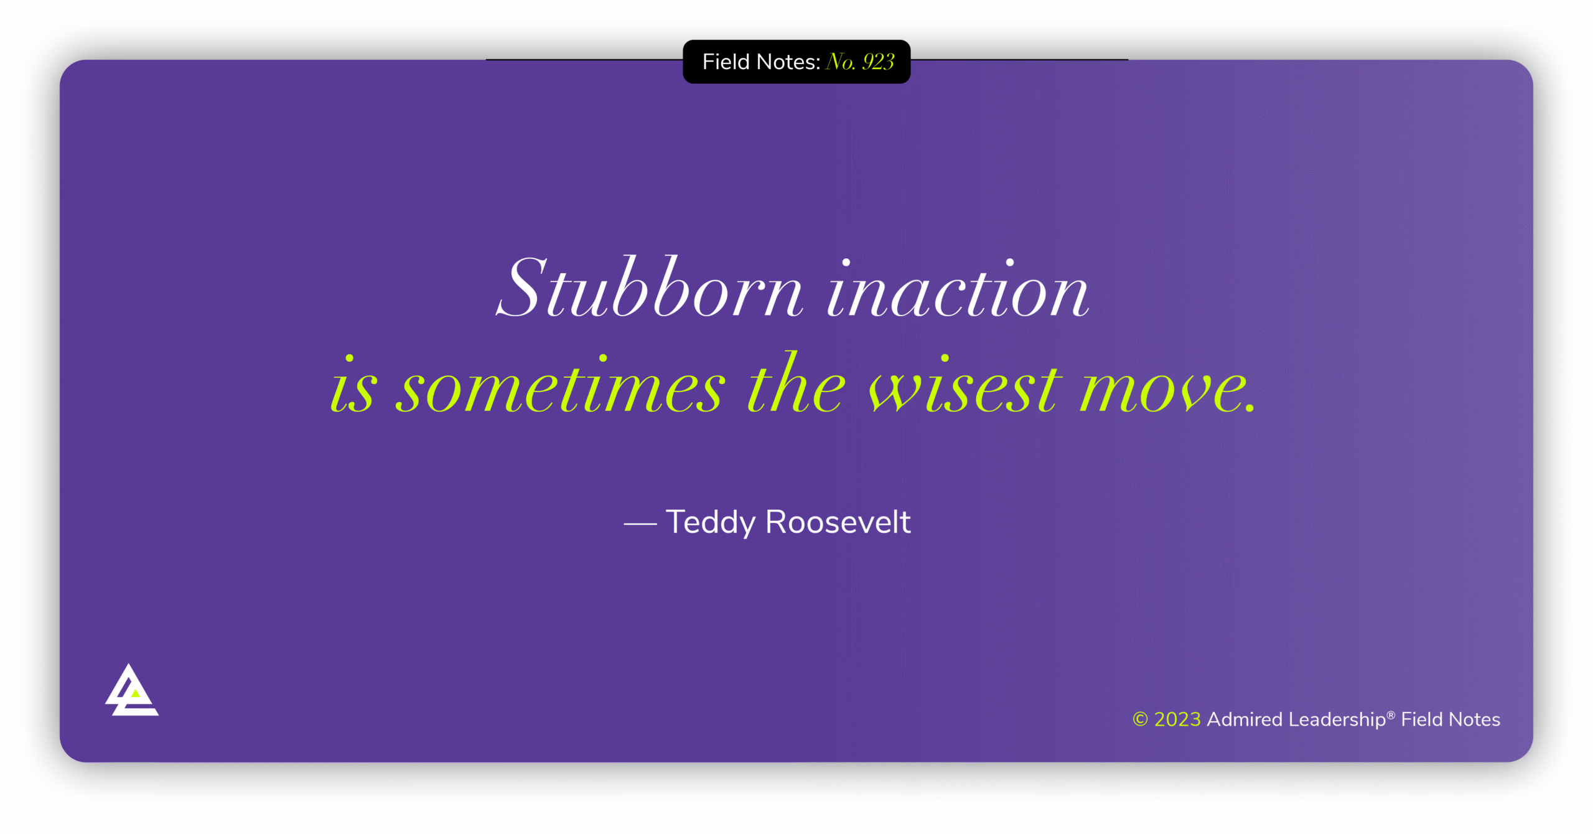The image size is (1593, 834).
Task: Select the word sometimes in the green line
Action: (561, 385)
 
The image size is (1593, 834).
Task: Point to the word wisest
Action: (965, 385)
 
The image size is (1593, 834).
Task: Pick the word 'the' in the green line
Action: (797, 382)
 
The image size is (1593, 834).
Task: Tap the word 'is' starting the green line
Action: (353, 385)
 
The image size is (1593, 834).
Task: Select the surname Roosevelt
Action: (838, 522)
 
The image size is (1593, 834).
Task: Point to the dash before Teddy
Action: (640, 524)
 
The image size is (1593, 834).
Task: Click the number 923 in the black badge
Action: (878, 62)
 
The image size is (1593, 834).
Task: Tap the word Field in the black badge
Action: (726, 62)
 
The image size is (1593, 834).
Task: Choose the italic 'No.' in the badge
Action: (841, 62)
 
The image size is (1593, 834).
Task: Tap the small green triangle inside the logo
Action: (135, 693)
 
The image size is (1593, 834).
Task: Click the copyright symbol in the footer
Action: (1140, 719)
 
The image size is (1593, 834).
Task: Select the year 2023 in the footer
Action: (1177, 719)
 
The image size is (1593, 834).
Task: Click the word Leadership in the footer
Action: (1337, 720)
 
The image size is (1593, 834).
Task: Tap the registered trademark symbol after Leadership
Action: (1391, 715)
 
